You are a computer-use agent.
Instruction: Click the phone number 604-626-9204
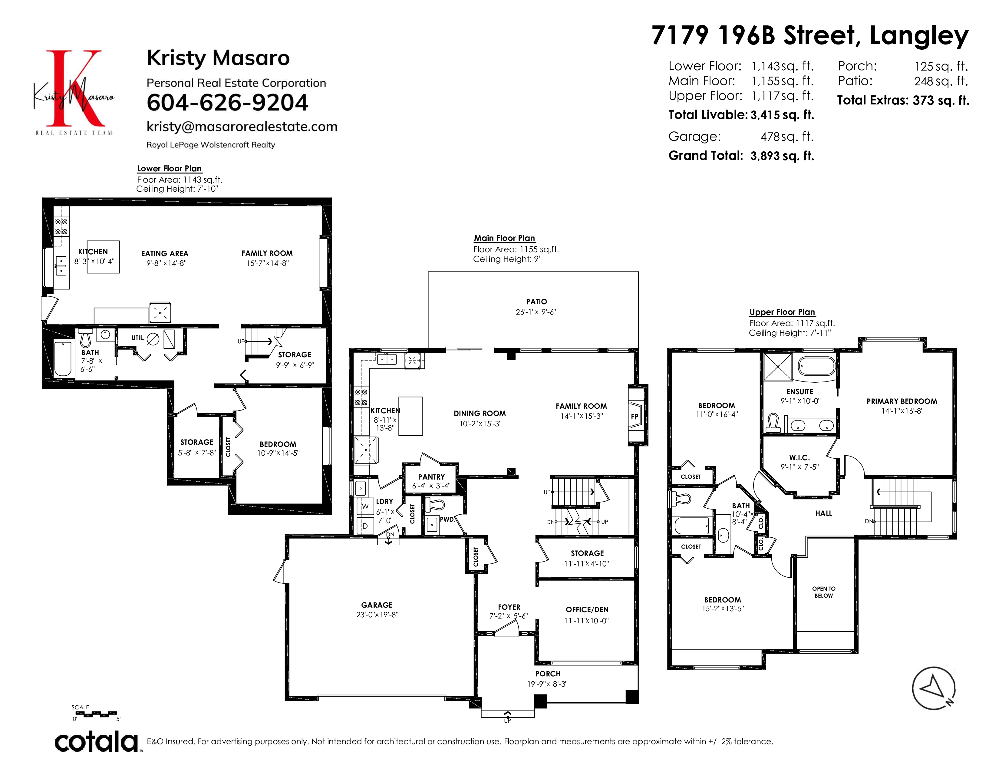tap(227, 102)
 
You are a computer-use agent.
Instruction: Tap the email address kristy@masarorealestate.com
tap(242, 127)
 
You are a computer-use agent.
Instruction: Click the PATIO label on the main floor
tap(536, 302)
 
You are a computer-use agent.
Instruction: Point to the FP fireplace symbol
tap(635, 417)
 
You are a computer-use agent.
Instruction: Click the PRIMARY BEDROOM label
tap(902, 401)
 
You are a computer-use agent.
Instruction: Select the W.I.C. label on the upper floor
tap(800, 458)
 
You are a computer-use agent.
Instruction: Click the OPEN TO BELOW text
tap(824, 592)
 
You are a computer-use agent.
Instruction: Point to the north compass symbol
tap(934, 689)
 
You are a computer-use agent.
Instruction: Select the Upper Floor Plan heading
tap(782, 312)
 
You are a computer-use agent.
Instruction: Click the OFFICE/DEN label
tap(587, 610)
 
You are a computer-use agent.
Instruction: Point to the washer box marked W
tap(365, 506)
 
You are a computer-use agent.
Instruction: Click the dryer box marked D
tap(365, 526)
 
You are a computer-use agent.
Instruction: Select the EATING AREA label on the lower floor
tap(165, 254)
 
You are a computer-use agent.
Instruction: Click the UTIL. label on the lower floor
tap(138, 338)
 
